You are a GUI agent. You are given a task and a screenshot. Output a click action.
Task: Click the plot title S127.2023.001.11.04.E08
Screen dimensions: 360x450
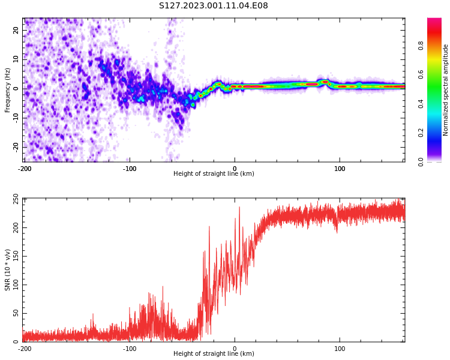tap(214, 6)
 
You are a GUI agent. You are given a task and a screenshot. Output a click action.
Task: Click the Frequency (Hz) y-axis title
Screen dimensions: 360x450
tap(8, 90)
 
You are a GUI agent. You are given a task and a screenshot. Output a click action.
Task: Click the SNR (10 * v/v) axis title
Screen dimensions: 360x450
tap(8, 270)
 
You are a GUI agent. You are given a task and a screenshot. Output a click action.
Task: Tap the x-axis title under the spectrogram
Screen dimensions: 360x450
tap(214, 174)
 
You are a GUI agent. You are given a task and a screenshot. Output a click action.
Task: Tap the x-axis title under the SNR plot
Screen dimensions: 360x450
tap(214, 354)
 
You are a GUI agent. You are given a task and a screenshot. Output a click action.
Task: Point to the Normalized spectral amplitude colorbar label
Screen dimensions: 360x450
tap(446, 90)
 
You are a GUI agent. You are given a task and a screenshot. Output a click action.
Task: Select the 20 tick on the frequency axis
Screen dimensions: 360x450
tap(16, 30)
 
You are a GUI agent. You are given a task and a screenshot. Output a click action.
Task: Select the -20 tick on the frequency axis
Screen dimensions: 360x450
tap(15, 146)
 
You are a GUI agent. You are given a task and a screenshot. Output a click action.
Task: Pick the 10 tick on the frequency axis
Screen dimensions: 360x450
tap(16, 59)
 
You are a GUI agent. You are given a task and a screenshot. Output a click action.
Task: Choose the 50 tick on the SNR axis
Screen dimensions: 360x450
tap(16, 314)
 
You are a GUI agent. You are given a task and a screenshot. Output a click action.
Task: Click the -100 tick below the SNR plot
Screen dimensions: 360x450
tap(130, 349)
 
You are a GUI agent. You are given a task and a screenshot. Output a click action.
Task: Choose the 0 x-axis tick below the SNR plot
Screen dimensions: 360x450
tap(235, 349)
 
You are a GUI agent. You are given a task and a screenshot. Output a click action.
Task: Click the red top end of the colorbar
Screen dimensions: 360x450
tap(434, 22)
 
